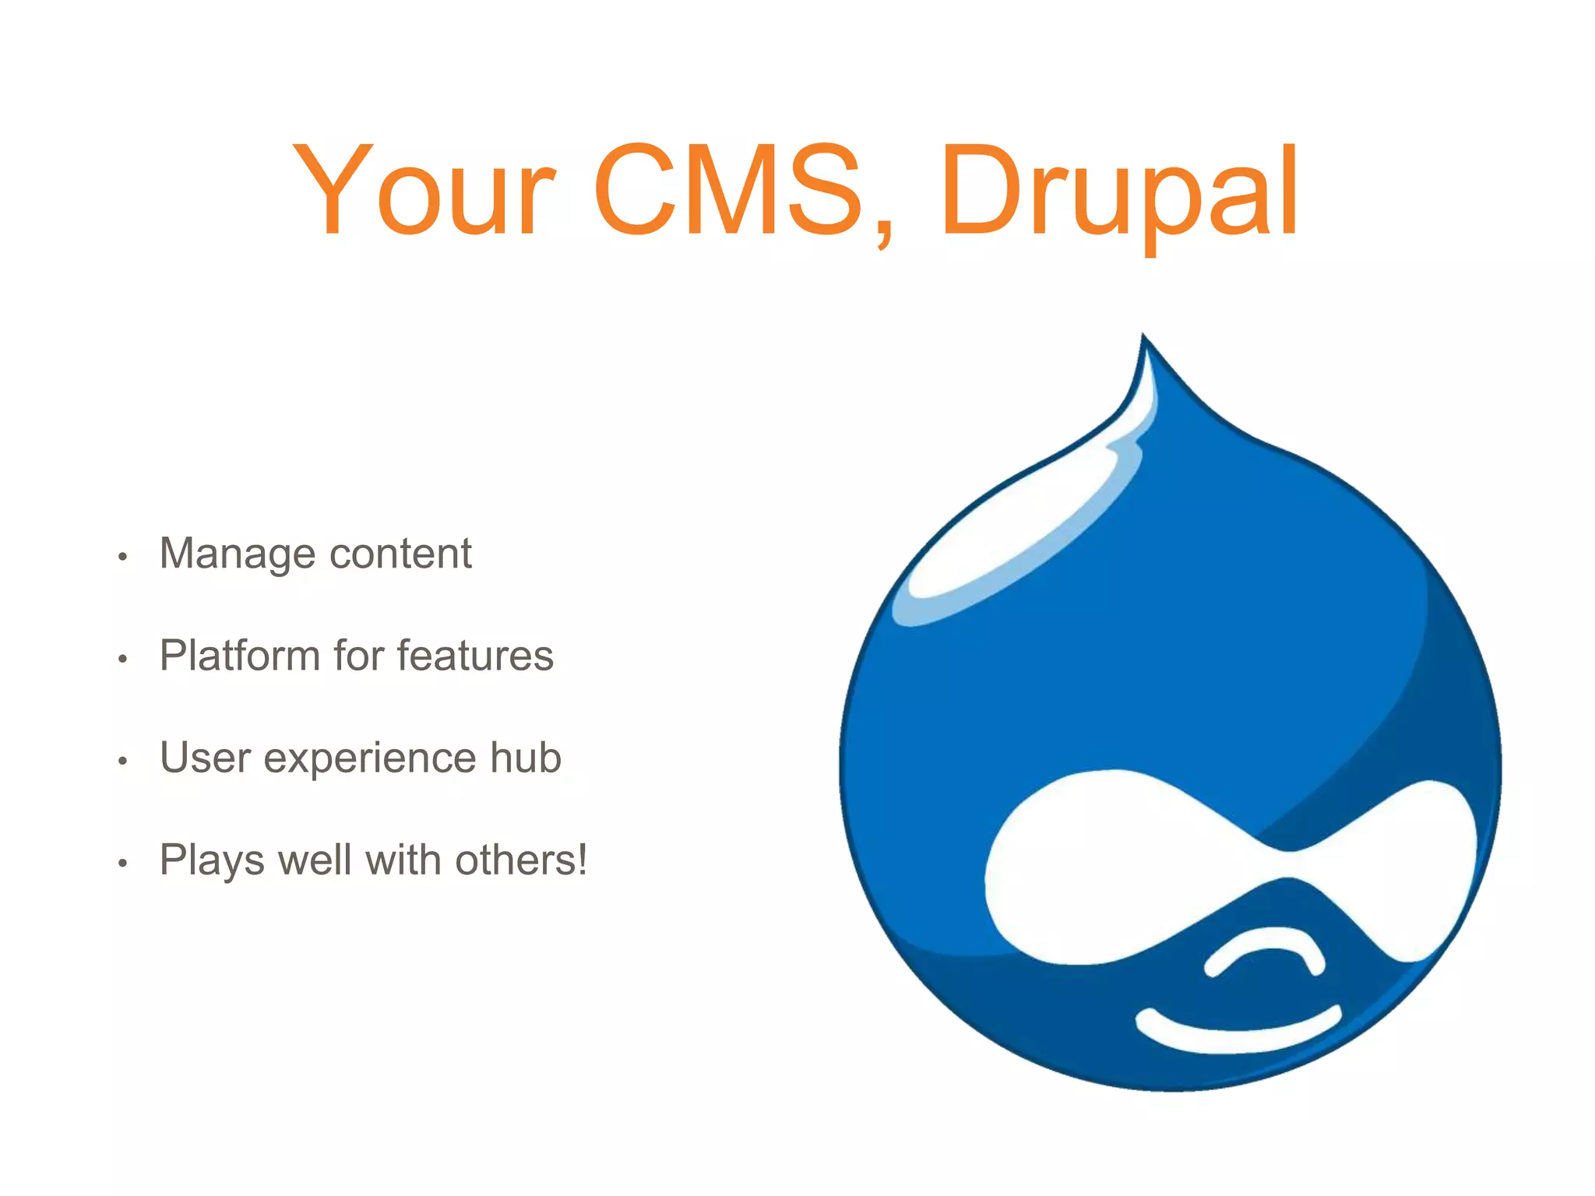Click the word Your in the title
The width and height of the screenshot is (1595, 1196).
[x=424, y=191]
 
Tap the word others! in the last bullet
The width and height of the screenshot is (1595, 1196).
[x=521, y=860]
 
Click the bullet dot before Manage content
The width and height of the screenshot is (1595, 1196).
[x=122, y=557]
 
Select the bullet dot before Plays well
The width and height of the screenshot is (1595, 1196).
[x=122, y=864]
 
